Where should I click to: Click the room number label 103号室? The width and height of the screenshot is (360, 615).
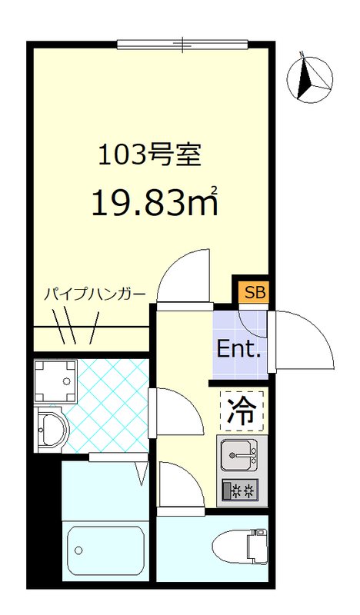tap(149, 155)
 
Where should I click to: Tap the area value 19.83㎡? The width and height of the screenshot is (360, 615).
tap(154, 201)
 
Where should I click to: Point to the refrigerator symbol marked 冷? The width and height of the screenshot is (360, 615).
tap(242, 411)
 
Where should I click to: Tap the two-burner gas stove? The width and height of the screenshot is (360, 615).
tap(241, 490)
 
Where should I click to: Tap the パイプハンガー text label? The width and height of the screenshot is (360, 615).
tap(93, 294)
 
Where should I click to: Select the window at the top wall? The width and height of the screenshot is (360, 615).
tap(182, 45)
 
